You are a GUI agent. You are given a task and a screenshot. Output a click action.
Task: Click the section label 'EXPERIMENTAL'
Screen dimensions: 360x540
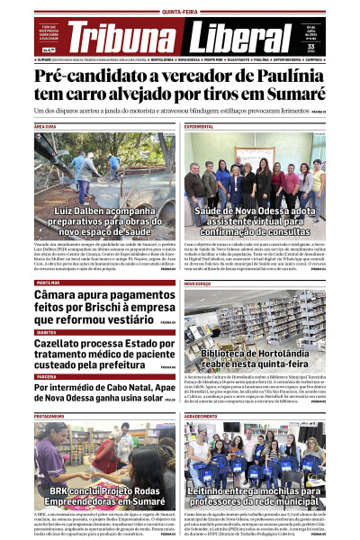(x=199, y=127)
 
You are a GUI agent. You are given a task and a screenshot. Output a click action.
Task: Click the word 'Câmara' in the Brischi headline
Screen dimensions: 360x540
(x=59, y=294)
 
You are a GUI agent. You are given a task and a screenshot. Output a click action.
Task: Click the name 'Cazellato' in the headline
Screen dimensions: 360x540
(x=66, y=343)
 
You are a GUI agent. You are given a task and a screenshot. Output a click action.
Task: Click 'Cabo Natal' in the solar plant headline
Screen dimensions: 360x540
(x=130, y=388)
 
